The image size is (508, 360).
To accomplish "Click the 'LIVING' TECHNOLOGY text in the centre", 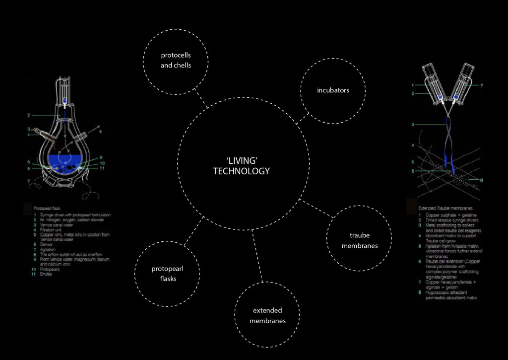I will point(241,165).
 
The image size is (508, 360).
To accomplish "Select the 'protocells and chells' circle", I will point(176,60).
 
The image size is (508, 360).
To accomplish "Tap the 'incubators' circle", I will point(333,90).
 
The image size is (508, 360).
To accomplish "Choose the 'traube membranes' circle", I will point(360,240).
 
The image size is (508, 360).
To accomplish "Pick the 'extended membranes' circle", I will point(267,315).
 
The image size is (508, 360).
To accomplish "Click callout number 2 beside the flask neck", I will point(29,115).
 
